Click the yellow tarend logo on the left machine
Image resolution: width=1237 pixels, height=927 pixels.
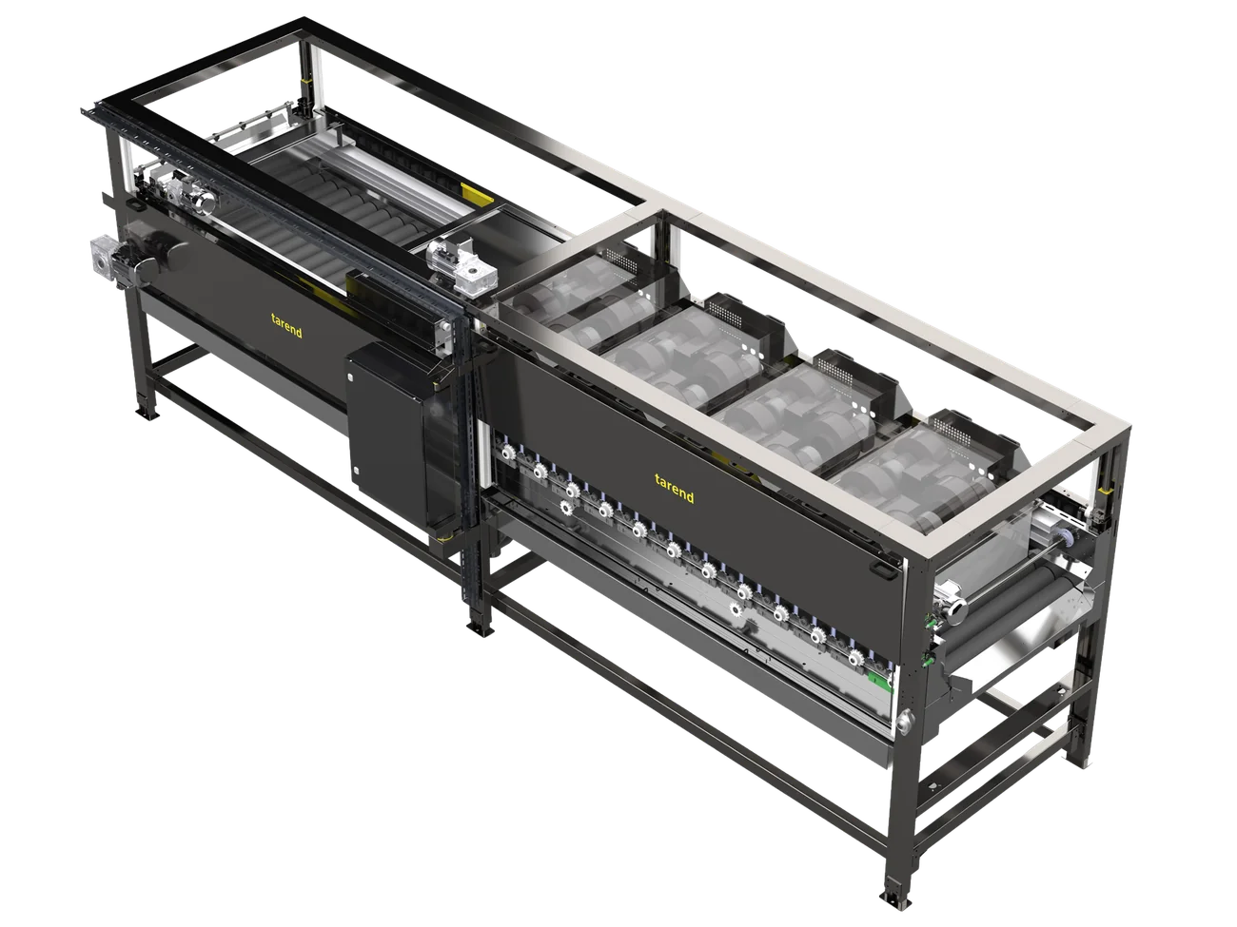click(x=286, y=326)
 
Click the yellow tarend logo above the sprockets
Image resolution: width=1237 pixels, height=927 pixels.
click(x=674, y=488)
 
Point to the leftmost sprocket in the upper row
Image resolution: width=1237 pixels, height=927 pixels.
click(x=508, y=452)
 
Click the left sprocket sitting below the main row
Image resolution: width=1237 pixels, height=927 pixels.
click(x=566, y=508)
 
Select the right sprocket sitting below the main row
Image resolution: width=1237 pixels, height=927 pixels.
click(x=735, y=609)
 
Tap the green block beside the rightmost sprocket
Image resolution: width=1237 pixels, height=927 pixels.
click(x=879, y=680)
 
